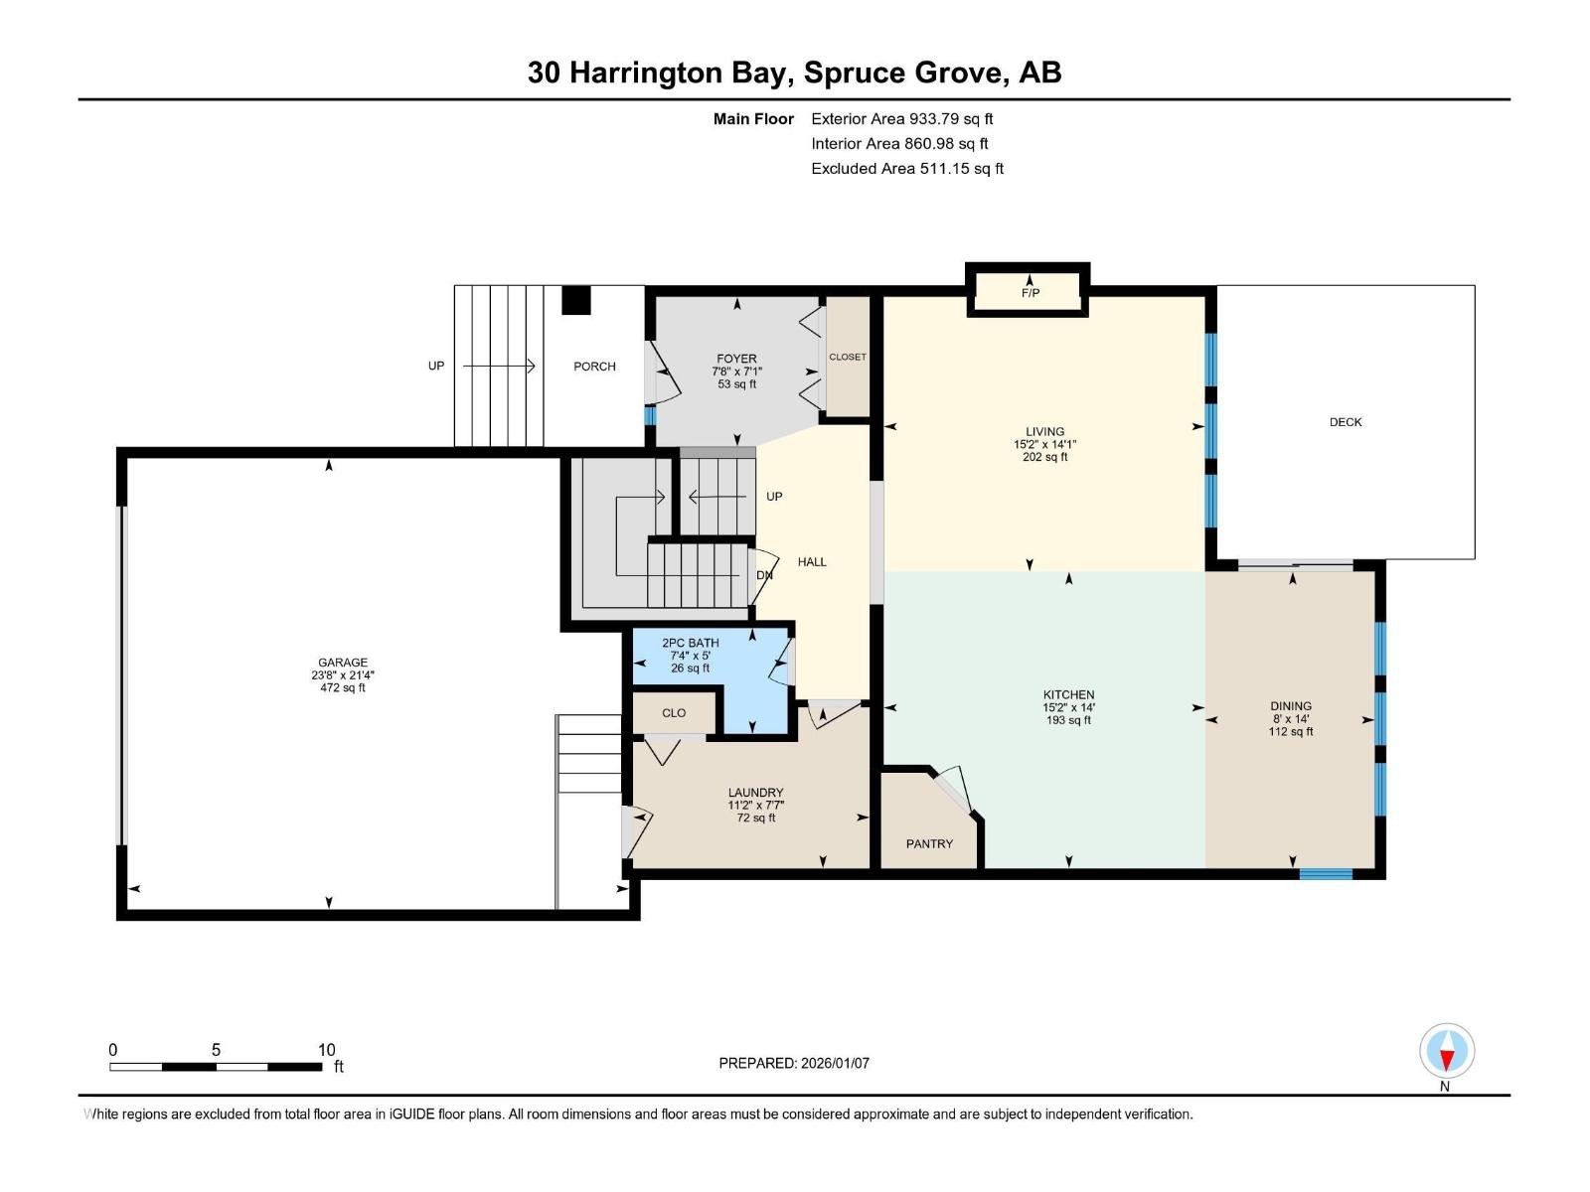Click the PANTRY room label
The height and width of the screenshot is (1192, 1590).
click(929, 843)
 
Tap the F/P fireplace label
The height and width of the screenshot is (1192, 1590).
click(1030, 293)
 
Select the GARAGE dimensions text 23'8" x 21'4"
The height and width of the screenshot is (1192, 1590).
click(342, 675)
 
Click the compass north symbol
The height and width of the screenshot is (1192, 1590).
click(1447, 1052)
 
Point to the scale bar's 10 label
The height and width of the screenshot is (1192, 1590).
click(326, 1050)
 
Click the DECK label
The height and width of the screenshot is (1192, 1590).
click(1345, 422)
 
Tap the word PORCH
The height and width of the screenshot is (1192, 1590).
click(594, 367)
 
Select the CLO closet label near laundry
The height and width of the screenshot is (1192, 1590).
click(674, 713)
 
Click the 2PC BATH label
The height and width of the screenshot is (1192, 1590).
click(690, 643)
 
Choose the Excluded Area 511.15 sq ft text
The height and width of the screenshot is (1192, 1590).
click(906, 169)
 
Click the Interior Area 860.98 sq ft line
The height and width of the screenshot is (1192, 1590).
click(898, 144)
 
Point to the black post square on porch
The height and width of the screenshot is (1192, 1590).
click(576, 300)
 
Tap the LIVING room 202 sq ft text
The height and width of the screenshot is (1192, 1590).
click(1044, 458)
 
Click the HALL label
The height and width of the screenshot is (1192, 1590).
click(812, 562)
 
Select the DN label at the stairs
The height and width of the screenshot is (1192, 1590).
click(764, 575)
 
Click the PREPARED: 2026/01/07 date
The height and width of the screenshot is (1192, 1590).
click(794, 1063)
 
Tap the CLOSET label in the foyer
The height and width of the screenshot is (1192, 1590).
click(848, 357)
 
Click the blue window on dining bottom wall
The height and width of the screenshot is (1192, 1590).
click(1326, 874)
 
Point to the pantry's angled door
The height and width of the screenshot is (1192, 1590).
click(954, 786)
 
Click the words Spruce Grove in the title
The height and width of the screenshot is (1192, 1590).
click(903, 73)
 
